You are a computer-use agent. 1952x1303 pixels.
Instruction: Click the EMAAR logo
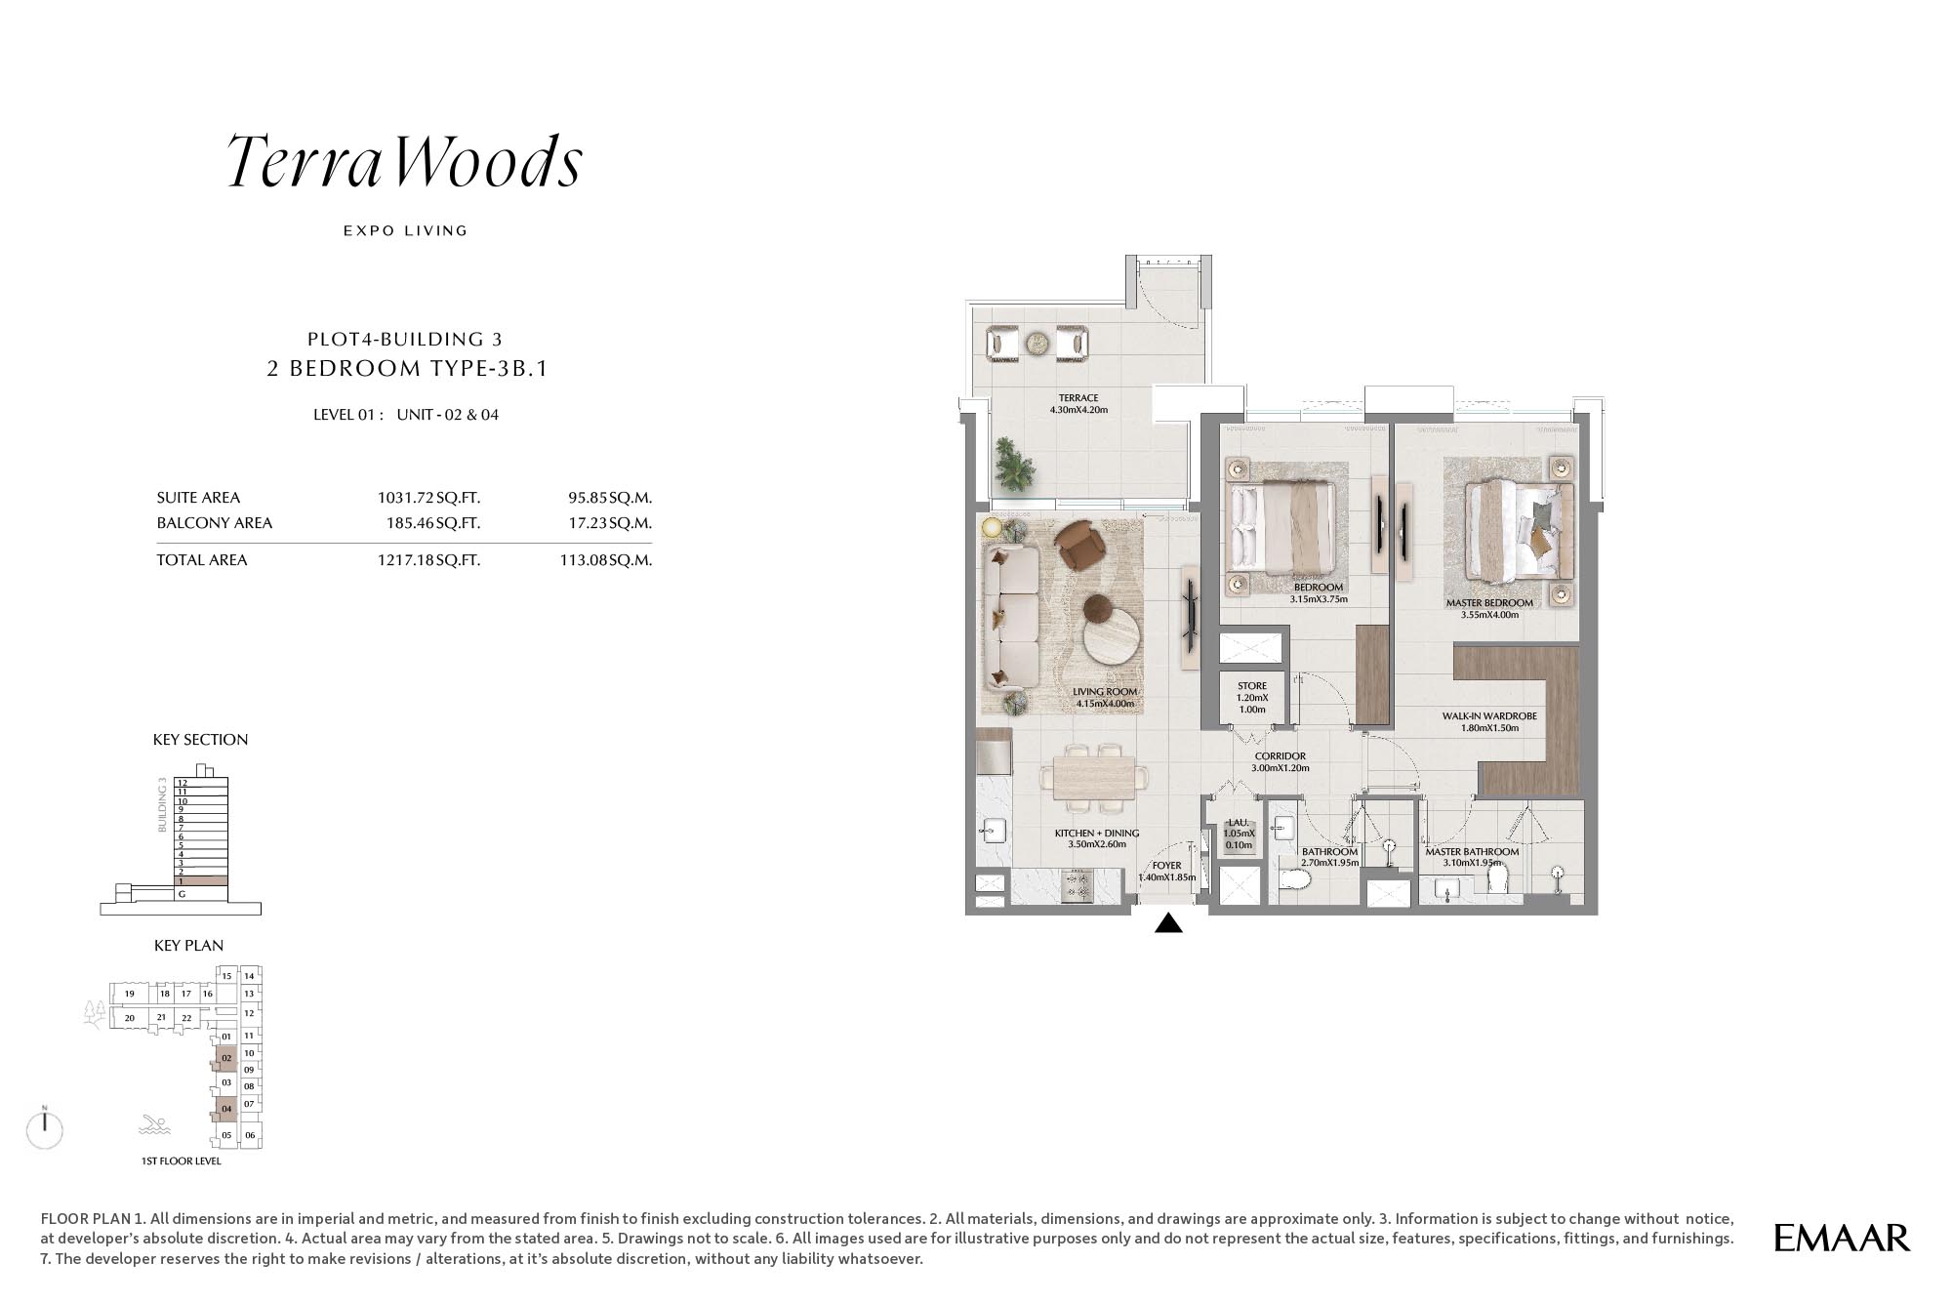[1842, 1238]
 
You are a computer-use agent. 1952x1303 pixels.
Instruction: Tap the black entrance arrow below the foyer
[1168, 922]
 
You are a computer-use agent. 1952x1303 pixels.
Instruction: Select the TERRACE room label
[1078, 398]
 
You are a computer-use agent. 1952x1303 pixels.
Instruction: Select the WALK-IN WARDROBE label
[1489, 716]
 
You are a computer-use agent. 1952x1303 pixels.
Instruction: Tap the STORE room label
[1252, 686]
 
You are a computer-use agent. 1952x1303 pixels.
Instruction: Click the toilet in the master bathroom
[1496, 879]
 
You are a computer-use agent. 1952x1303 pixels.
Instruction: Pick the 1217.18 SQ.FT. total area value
[428, 560]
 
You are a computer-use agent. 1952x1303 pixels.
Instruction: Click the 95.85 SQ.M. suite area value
[610, 498]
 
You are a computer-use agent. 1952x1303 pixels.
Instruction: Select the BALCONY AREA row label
[215, 523]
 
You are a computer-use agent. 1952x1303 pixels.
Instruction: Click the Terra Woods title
[404, 161]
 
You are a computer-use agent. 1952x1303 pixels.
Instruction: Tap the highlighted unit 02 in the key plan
[226, 1058]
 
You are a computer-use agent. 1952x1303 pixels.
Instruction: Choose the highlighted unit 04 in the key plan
[226, 1109]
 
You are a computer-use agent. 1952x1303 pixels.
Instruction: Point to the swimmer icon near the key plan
[154, 1124]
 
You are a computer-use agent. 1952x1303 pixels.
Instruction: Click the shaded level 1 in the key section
[201, 881]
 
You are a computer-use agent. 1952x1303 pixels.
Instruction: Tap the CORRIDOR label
[1280, 756]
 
